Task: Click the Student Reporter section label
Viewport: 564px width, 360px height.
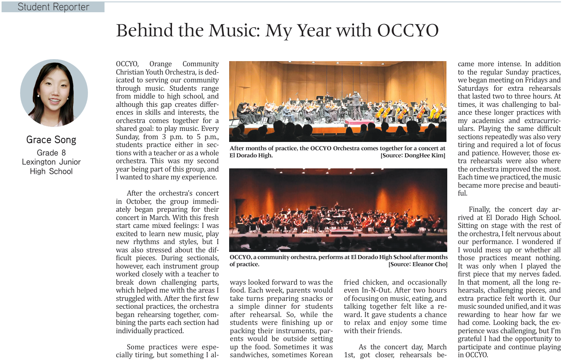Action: coord(53,7)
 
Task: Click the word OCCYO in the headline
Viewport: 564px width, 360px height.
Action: coord(408,31)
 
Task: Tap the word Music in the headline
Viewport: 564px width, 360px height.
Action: coord(234,31)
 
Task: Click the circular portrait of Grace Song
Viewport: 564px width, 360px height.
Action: coord(54,93)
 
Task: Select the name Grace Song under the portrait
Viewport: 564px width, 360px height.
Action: coord(51,140)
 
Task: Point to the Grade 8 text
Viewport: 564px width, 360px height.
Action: coord(51,153)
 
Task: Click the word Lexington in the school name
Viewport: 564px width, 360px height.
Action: coord(39,162)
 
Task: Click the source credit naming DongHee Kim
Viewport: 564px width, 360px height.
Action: coord(413,155)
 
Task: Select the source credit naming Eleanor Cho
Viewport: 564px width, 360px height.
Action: coord(418,264)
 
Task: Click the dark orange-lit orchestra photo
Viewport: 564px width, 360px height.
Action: coord(338,210)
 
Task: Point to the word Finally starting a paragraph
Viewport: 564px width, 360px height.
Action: coord(479,209)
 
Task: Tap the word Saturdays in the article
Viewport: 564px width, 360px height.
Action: coord(473,88)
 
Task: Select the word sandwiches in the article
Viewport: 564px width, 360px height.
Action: coord(249,355)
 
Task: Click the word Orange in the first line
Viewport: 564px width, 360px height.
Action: coord(161,64)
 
